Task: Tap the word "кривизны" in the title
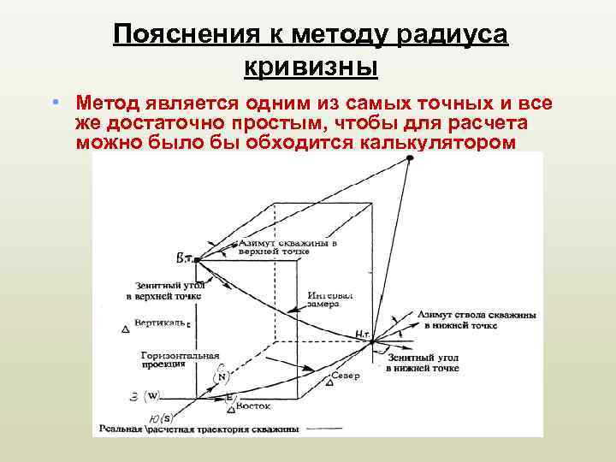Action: pos(310,65)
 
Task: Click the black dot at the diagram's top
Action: pos(410,159)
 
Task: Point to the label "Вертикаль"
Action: pos(160,323)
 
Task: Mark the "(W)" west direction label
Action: pos(152,395)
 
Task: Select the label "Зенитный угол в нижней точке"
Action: pos(422,363)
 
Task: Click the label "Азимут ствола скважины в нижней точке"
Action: pos(480,320)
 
